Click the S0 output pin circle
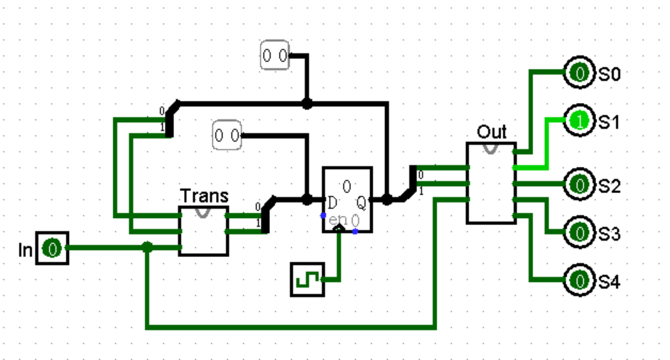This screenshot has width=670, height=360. pos(580,73)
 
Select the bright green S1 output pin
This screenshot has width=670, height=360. pos(580,121)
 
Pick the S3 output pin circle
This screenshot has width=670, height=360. pos(580,231)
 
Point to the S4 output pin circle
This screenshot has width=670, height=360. pos(580,280)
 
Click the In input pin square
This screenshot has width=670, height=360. pos(53,249)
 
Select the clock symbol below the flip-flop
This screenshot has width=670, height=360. pos(307,279)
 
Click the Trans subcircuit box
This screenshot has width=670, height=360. pos(204,231)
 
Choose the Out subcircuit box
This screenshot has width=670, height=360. pos(491,182)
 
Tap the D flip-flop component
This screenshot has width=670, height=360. pos(347,200)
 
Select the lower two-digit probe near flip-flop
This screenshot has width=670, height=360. pos(227,134)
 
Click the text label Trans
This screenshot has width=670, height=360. pos(204,195)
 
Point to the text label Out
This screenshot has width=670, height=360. pos(492,131)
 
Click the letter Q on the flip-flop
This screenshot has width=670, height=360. pos(362,203)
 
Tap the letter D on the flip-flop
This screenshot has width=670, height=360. pos(332,203)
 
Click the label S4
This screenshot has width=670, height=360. pos(609,282)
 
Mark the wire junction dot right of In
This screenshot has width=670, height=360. pos(147,248)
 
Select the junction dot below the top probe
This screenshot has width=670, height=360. pos(307,104)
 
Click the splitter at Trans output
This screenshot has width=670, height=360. pos(265,215)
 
